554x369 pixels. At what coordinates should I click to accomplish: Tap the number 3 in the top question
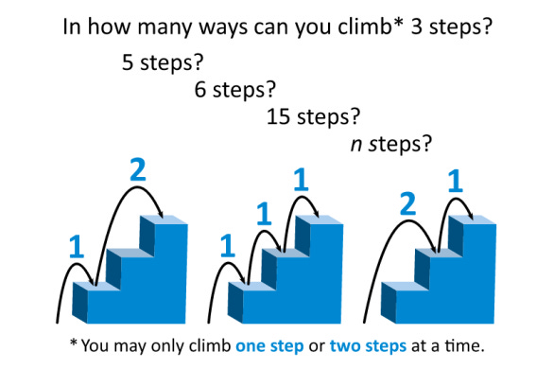pos(417,26)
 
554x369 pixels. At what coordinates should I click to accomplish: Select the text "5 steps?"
pos(163,62)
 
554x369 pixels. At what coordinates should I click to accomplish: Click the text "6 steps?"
pos(235,90)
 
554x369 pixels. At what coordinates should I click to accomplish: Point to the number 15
pos(278,116)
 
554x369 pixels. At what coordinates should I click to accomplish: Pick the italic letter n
pos(356,145)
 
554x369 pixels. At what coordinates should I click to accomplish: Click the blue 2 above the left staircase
pos(138,169)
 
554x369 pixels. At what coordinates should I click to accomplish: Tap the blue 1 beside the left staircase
pos(77,247)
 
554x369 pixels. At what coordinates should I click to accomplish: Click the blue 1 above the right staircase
pos(455,181)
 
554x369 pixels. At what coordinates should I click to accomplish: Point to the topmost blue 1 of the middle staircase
pos(301,180)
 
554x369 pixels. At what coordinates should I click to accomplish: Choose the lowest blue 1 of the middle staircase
pos(228,246)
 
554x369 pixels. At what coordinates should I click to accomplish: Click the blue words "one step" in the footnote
pos(269,346)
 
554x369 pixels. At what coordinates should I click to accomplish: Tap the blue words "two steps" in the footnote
pos(368,346)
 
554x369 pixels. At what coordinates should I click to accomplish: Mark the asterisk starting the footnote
pos(74,343)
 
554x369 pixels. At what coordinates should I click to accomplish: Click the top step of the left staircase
pos(164,220)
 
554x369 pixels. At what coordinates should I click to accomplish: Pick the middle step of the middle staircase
pos(286,253)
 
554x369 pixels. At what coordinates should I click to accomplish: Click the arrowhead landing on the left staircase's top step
pos(161,214)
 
